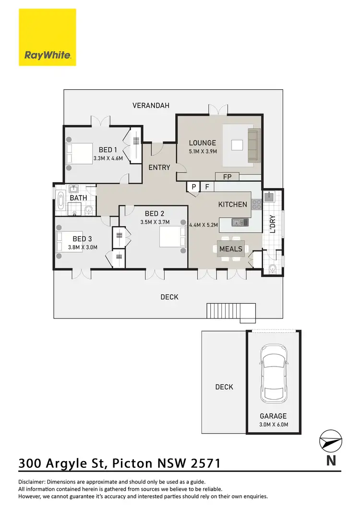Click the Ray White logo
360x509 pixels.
tap(48, 37)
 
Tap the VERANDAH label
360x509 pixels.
tap(151, 106)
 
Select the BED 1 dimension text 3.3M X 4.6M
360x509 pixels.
tap(108, 158)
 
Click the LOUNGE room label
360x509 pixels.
tap(203, 142)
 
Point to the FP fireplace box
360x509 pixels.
tap(228, 177)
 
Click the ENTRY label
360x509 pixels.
tap(159, 167)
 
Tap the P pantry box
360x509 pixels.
tap(194, 187)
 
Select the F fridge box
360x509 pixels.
tap(207, 187)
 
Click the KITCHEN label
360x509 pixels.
tap(233, 204)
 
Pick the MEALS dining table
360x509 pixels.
tap(231, 249)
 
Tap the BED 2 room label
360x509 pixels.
tap(153, 213)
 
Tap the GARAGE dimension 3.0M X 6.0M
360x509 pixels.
tap(273, 425)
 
